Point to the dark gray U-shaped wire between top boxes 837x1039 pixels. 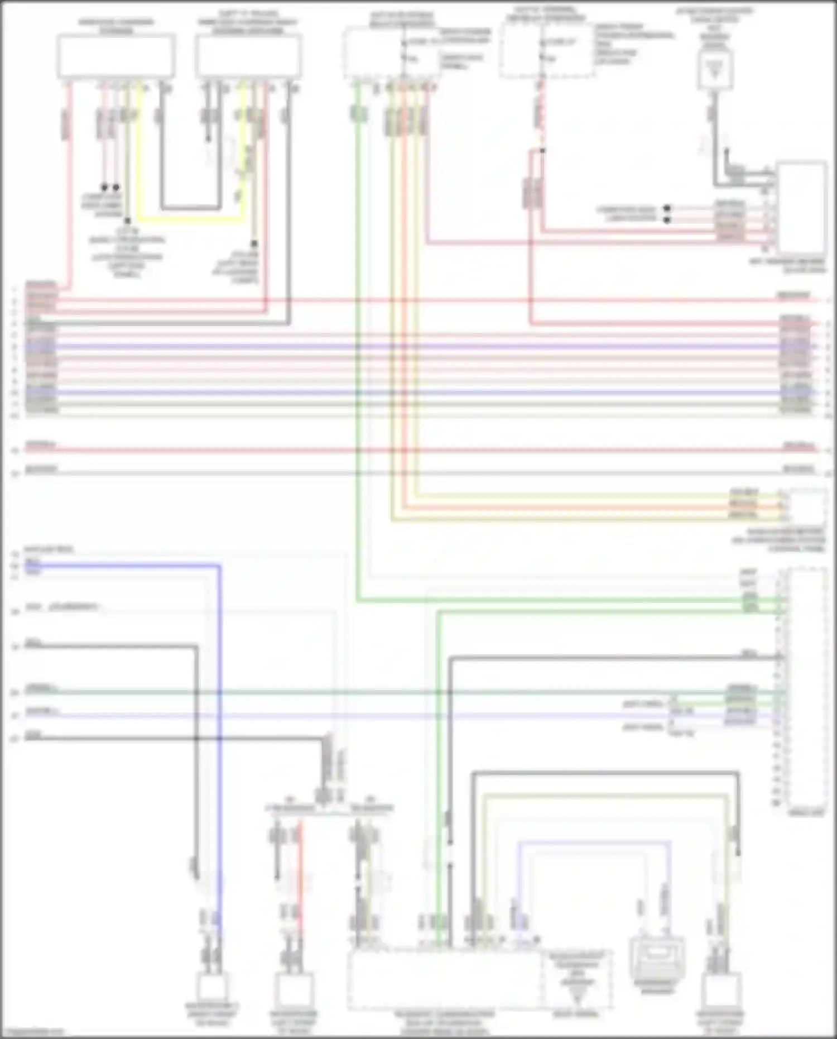[190, 208]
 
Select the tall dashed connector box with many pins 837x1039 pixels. [807, 687]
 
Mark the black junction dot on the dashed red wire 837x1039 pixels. [542, 150]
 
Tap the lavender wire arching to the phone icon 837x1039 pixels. [591, 842]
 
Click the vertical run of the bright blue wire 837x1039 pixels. [219, 726]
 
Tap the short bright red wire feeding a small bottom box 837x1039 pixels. [300, 871]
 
